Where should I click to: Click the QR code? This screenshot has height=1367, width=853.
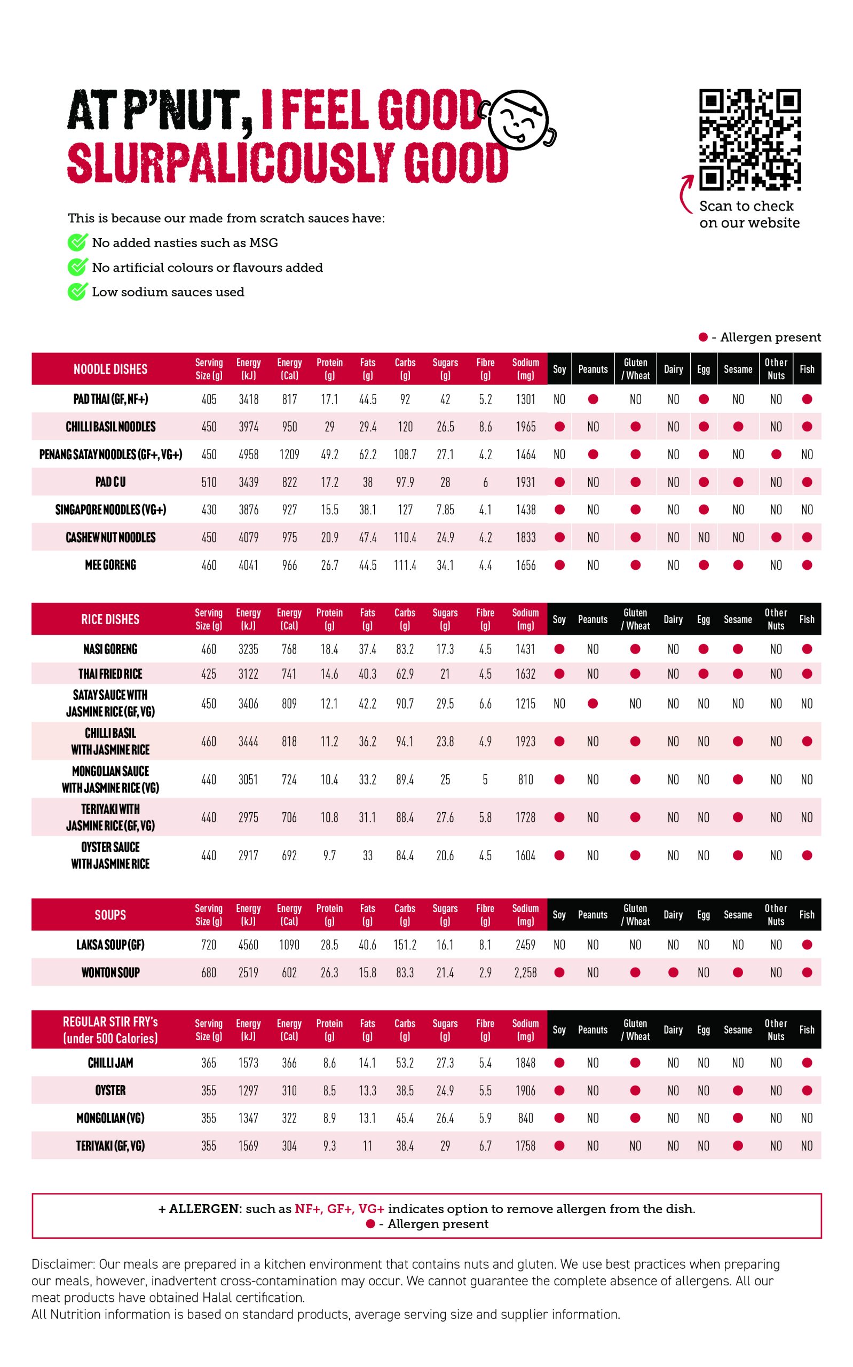tap(750, 139)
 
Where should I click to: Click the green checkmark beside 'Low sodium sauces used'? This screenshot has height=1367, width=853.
tap(77, 292)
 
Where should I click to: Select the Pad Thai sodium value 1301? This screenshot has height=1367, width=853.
tap(525, 399)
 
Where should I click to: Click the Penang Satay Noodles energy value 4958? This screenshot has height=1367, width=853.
tap(248, 455)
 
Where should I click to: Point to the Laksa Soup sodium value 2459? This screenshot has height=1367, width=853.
tap(525, 945)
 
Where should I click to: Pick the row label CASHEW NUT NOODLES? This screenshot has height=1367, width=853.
tap(110, 538)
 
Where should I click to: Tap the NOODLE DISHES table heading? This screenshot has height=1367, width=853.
tap(110, 370)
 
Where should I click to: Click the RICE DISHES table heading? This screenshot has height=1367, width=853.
tap(110, 619)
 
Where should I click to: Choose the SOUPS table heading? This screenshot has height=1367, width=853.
tap(110, 915)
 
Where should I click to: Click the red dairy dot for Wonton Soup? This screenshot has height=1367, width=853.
tap(673, 972)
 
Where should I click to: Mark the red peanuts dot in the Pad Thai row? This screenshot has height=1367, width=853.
tap(593, 399)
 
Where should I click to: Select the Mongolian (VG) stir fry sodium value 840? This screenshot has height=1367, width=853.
tap(525, 1118)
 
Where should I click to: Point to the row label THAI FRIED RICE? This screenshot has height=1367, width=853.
tap(110, 674)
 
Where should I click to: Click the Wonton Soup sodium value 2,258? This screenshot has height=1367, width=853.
tap(525, 972)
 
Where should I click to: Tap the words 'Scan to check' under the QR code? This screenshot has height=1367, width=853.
tap(746, 207)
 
